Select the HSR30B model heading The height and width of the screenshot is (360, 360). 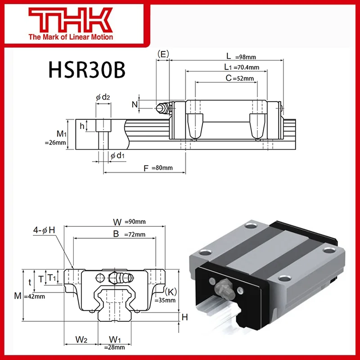pos(86,70)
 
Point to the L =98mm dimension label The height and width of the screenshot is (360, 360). pos(241,56)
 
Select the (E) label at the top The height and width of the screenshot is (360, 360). pos(163,54)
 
